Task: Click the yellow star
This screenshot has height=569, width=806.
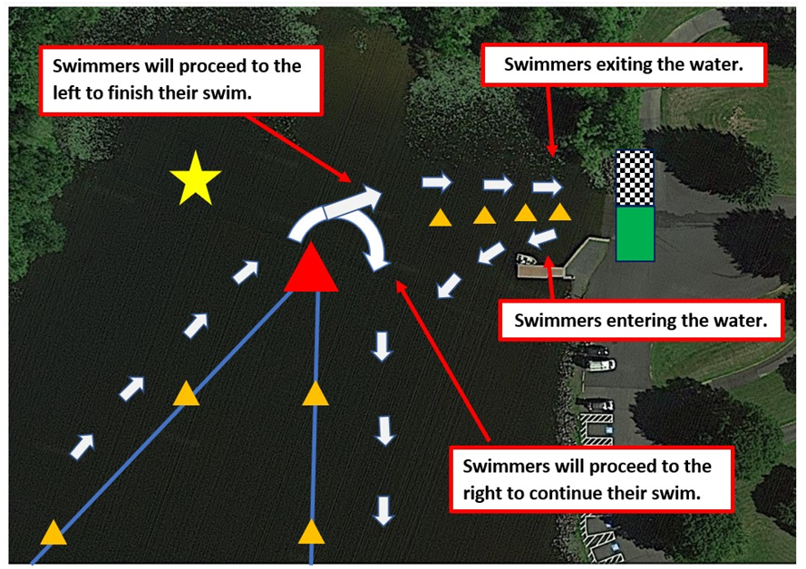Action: pyautogui.click(x=195, y=178)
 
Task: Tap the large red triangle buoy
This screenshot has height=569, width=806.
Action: pyautogui.click(x=311, y=269)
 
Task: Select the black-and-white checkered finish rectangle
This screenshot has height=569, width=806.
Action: pyautogui.click(x=635, y=178)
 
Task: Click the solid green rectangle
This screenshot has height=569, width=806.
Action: pyautogui.click(x=635, y=234)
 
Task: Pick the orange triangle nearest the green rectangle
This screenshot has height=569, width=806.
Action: pyautogui.click(x=559, y=212)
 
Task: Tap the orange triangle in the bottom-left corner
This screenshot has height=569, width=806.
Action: pyautogui.click(x=53, y=533)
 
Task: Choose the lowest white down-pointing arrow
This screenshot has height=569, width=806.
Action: pyautogui.click(x=383, y=510)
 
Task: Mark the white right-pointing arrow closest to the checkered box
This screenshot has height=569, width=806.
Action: pyautogui.click(x=547, y=187)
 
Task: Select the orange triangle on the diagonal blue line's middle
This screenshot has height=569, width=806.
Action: pyautogui.click(x=186, y=394)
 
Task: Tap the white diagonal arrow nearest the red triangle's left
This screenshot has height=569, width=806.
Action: pyautogui.click(x=246, y=272)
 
